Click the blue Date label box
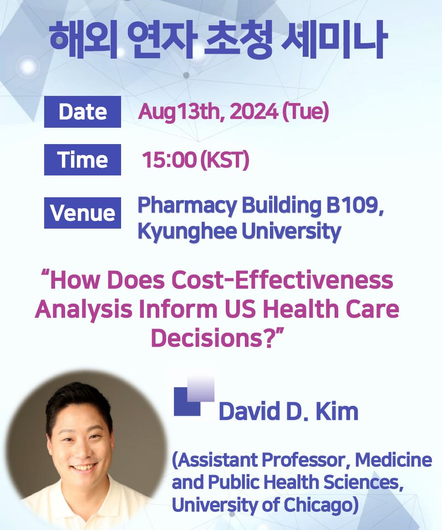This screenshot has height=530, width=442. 82,111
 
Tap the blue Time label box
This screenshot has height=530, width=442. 82,160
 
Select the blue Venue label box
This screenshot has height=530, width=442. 82,213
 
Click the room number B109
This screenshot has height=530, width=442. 354,205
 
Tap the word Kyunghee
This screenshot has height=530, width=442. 188,232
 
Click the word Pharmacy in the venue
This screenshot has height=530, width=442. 188,205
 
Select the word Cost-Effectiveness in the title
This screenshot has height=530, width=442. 282,280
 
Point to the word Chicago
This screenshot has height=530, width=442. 320,505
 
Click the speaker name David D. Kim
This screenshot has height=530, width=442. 288,411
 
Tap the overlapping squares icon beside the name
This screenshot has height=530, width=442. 193,396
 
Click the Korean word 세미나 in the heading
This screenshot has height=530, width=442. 335,40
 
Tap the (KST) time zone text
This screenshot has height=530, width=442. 225,160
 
